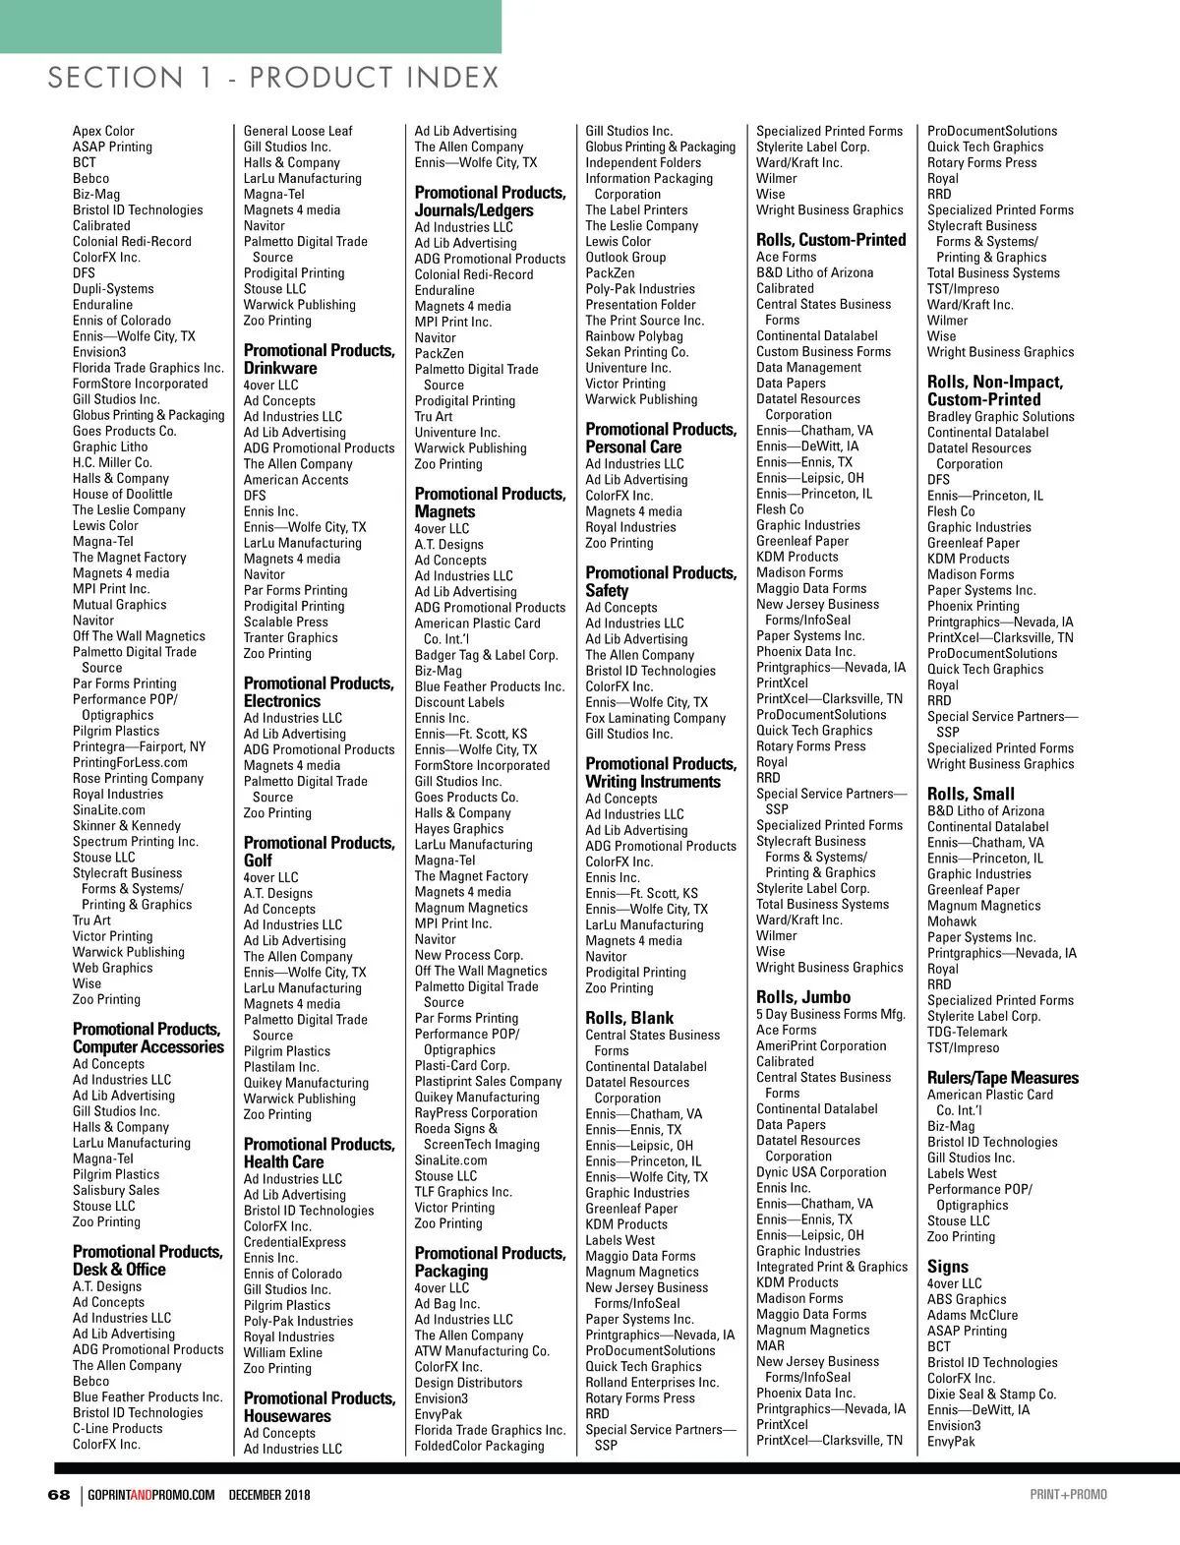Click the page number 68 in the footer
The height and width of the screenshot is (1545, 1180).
tap(59, 1495)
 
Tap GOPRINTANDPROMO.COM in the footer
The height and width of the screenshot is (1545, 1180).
tap(150, 1495)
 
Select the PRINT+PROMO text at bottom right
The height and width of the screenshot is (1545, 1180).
tap(1068, 1495)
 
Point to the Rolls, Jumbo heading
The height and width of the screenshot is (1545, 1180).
tap(803, 997)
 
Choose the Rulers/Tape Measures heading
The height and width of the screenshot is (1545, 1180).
tap(1002, 1078)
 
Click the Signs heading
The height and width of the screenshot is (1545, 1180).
tap(947, 1267)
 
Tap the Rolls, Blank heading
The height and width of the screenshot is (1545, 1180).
tap(629, 1018)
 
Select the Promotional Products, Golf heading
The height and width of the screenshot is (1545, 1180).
tap(319, 852)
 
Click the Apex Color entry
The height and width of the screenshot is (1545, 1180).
tap(103, 131)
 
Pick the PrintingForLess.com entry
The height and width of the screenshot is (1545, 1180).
tap(130, 762)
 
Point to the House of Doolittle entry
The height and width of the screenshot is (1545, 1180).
tap(122, 494)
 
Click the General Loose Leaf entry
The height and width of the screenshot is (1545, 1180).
tap(298, 131)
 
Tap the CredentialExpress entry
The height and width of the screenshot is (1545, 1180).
tap(295, 1242)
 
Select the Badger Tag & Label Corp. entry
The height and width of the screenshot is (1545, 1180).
tap(486, 655)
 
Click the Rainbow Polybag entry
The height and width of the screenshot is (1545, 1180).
tap(634, 336)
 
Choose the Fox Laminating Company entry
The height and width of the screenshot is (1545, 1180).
tap(655, 718)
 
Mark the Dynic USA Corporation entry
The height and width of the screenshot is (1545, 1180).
tap(821, 1172)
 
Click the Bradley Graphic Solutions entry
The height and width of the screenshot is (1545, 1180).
tap(1000, 417)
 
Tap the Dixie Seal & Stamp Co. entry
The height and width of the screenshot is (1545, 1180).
tap(991, 1395)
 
